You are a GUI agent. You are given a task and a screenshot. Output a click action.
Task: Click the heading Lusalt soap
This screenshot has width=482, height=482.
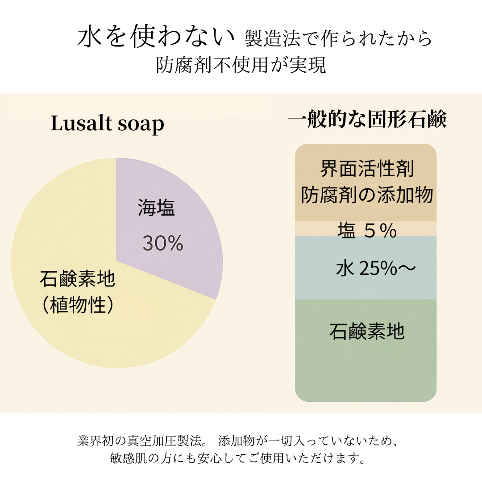[x=107, y=124]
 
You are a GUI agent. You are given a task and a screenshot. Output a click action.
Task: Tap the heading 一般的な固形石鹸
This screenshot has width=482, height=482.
[x=367, y=120]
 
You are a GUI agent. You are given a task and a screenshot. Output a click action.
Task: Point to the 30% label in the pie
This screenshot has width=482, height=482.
[x=163, y=243]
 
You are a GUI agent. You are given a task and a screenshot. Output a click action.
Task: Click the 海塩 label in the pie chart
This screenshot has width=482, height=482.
[x=156, y=208]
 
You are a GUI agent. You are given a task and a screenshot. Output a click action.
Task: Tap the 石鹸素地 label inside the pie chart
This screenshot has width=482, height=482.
[x=77, y=280]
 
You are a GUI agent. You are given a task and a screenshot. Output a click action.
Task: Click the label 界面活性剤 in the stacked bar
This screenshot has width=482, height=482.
[x=367, y=169]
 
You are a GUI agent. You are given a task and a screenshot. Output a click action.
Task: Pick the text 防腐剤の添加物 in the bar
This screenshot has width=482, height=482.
[x=367, y=195]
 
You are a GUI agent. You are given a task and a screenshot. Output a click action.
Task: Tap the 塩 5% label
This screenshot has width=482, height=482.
[x=367, y=231]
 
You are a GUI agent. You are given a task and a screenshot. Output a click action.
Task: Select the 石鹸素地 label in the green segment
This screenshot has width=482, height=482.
[x=367, y=332]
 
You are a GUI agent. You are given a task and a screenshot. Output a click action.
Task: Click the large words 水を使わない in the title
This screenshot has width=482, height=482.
[x=156, y=38]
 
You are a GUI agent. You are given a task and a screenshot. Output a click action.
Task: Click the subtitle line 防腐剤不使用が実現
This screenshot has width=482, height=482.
[x=241, y=65]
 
